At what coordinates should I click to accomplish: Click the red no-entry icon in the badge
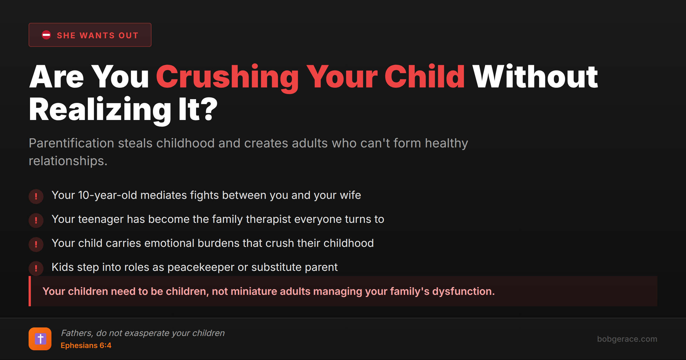point(46,35)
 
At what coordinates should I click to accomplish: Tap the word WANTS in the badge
point(97,35)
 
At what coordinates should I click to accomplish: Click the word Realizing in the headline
point(100,110)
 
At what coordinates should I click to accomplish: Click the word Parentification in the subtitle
point(71,143)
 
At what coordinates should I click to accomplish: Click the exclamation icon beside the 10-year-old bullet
point(36,196)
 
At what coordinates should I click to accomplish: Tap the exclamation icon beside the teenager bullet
point(36,220)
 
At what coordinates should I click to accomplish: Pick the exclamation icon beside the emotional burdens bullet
point(36,244)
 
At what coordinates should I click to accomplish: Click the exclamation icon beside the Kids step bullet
point(36,268)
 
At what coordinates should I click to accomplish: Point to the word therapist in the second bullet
point(268,219)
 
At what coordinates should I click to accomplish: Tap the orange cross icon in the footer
point(40,339)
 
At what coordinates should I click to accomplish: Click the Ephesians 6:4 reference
point(86,345)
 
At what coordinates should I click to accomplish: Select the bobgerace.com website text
point(627,339)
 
